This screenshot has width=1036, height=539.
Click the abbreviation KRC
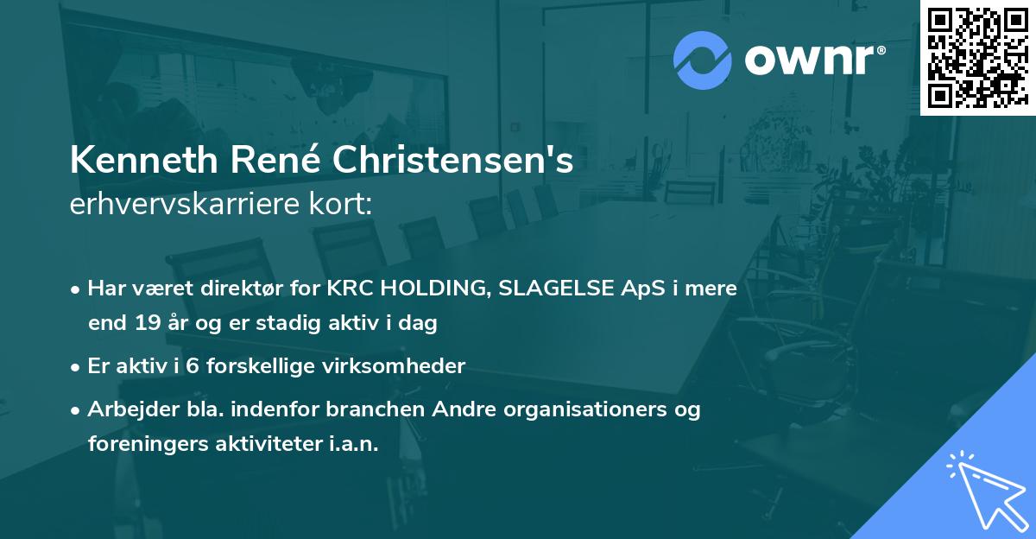(349, 289)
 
